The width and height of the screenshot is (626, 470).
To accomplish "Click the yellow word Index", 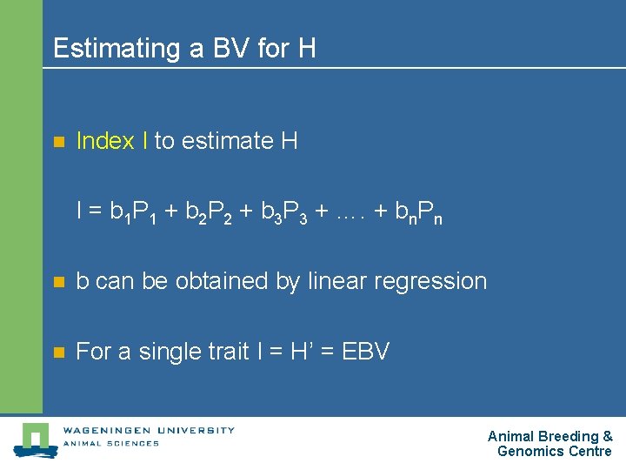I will (105, 141).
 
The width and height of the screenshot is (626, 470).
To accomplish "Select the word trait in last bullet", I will (229, 352).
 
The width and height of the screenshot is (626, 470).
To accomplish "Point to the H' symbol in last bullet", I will (302, 352).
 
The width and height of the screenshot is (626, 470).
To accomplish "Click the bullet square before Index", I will (58, 142).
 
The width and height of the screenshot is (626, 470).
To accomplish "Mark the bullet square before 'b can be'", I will (58, 282).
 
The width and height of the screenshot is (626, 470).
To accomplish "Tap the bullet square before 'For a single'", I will (58, 352).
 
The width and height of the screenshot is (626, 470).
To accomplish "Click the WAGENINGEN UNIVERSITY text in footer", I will (148, 430).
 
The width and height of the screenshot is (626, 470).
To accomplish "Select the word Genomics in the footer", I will (529, 452).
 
